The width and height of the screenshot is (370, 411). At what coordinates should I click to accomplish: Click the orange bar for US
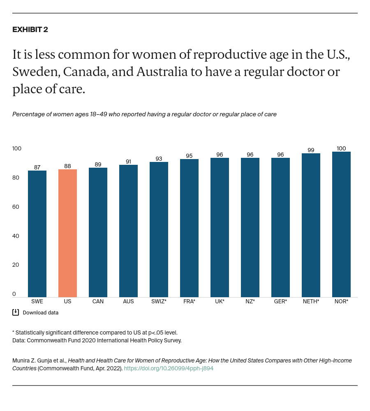click(x=67, y=233)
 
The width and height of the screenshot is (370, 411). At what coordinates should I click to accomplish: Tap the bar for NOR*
click(x=341, y=224)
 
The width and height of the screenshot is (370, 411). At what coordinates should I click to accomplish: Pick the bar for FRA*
click(x=189, y=228)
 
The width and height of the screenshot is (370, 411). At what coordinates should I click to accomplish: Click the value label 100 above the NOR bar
click(x=341, y=148)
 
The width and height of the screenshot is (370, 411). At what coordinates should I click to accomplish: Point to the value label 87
click(x=37, y=167)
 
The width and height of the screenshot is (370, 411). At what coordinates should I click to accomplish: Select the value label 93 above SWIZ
click(x=159, y=159)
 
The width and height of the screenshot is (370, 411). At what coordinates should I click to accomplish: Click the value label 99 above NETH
click(x=311, y=150)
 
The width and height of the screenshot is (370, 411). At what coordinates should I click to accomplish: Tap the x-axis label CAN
click(x=98, y=301)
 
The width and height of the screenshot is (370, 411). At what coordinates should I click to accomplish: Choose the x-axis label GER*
click(x=280, y=301)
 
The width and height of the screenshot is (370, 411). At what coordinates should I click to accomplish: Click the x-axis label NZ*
click(x=250, y=301)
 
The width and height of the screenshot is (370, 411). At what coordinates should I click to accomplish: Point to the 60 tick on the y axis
click(x=16, y=207)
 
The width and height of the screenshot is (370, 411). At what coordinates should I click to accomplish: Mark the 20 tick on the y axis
click(x=16, y=265)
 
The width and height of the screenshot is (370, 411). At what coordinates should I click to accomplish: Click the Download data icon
click(x=16, y=312)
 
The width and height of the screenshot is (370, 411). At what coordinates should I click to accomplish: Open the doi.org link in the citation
click(x=169, y=368)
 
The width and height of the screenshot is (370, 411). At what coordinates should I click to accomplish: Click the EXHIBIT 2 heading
click(x=30, y=30)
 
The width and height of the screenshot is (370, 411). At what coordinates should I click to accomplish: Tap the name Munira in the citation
click(x=22, y=360)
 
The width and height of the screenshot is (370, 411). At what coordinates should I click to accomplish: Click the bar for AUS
click(x=128, y=231)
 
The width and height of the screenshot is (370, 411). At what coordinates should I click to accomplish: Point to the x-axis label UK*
click(x=220, y=301)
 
